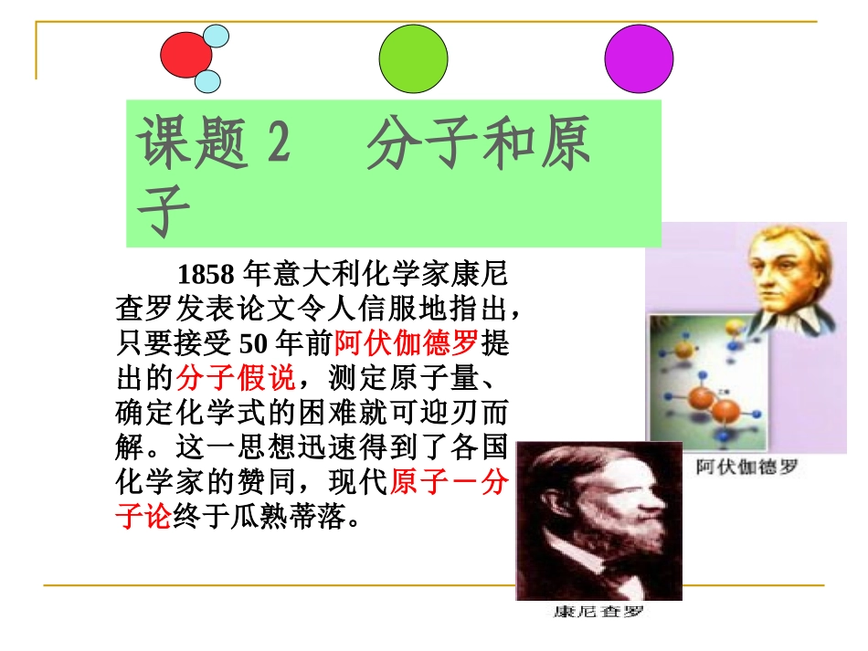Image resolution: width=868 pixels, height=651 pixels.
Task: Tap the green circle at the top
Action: point(413,58)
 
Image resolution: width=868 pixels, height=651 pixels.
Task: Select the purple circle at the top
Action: point(639,58)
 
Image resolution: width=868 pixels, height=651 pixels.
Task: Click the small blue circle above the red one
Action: point(217,36)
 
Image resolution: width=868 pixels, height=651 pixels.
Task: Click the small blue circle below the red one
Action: point(208,81)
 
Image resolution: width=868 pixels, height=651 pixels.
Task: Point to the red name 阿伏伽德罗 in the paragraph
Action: point(407,344)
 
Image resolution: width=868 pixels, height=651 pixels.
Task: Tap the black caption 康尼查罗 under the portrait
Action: point(599,612)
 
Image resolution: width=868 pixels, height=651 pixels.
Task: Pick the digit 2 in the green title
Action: point(276,146)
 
